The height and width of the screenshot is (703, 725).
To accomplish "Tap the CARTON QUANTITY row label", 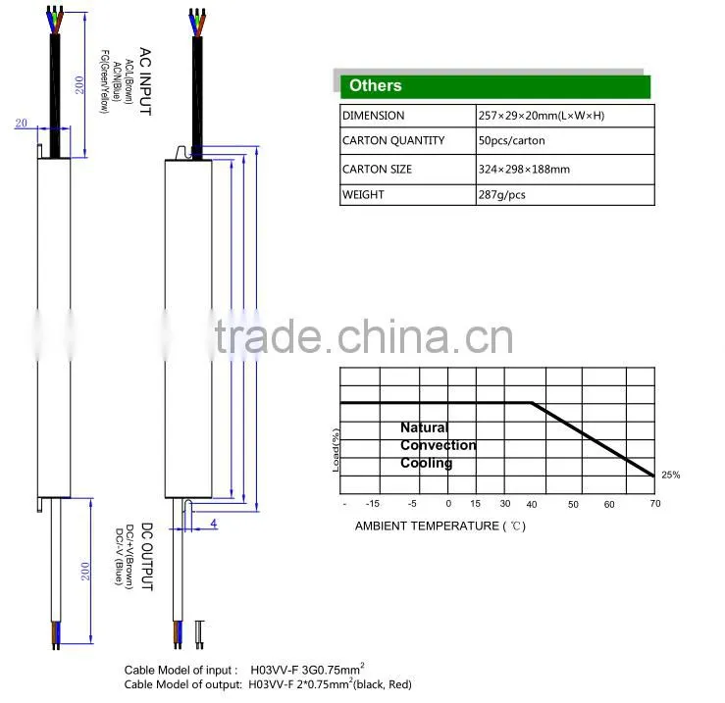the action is coord(393,140).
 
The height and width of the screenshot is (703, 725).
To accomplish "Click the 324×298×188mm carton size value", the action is coord(524,170).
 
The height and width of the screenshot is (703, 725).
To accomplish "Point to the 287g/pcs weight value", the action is coord(501,194).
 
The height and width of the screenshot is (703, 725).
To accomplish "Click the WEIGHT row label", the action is coord(363,194).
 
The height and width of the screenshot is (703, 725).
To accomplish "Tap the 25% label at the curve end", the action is coord(670,475).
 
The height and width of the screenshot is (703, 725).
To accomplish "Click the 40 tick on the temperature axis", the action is coord(532,504).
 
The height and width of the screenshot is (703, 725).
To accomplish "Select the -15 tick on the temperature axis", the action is coord(372,504).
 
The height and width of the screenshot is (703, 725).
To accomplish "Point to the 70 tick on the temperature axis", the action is coord(655,503).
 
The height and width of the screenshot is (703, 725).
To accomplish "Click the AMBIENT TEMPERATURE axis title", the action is coord(440,526).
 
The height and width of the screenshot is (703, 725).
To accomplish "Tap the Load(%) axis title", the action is coord(336,450).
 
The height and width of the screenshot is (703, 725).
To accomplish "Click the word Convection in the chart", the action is coord(439,445).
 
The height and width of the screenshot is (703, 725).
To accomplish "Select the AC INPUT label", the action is coord(145,81).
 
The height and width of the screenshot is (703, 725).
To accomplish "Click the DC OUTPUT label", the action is coord(146,557).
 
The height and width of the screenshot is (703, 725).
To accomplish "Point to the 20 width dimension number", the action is coord(22,123).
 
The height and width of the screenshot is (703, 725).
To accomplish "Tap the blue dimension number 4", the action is coord(214,524).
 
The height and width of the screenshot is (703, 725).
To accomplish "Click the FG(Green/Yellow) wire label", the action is coord(105,81).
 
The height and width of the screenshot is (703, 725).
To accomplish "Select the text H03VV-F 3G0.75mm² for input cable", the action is coord(307,670).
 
